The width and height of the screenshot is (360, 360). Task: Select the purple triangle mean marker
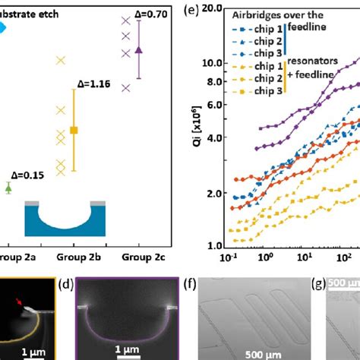(x=137, y=49)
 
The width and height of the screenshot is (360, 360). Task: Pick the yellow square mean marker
(x=74, y=130)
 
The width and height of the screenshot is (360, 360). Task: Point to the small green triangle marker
(x=8, y=187)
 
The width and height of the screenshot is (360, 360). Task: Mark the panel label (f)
(x=192, y=287)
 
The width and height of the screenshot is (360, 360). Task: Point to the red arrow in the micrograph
(x=20, y=305)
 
